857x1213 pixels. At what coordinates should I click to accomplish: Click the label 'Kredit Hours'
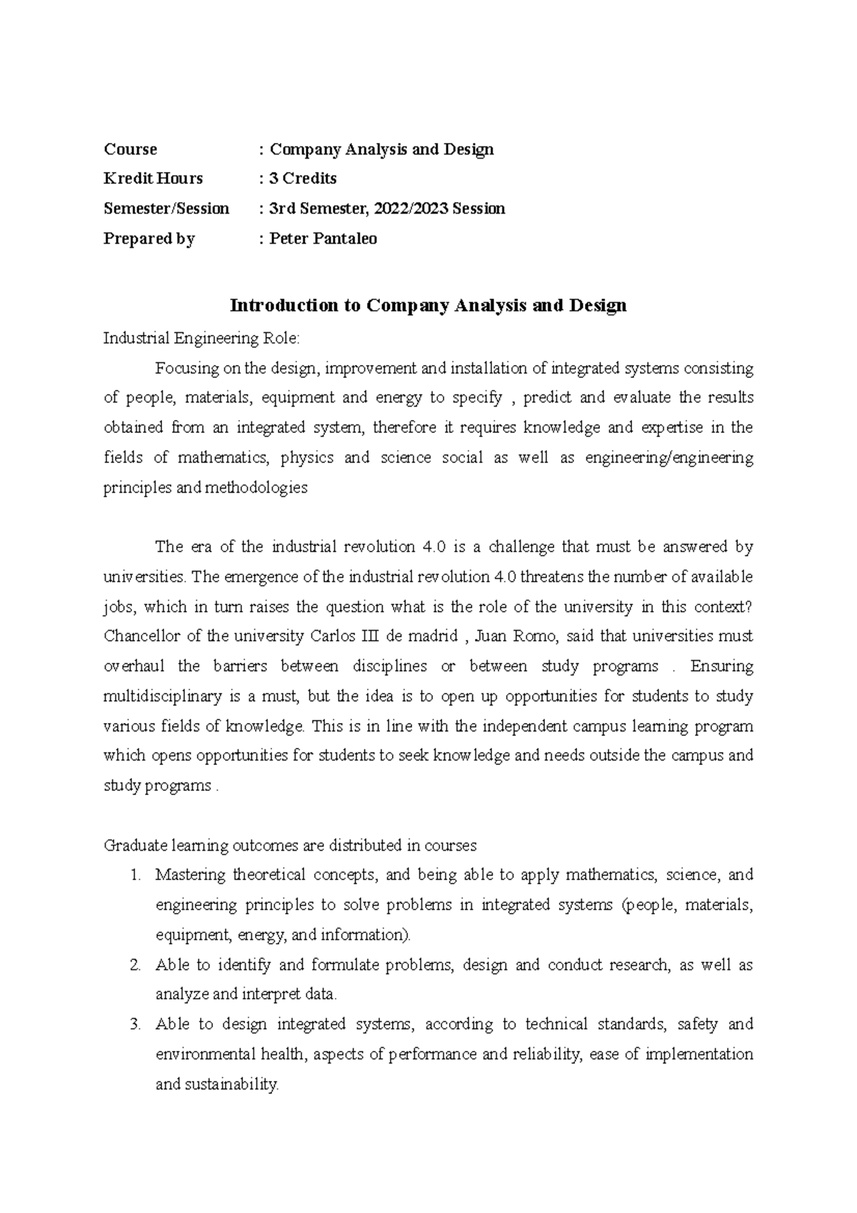pyautogui.click(x=153, y=179)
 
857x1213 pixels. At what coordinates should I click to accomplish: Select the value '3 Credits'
pyautogui.click(x=302, y=179)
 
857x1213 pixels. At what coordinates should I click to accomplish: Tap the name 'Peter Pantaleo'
pyautogui.click(x=323, y=239)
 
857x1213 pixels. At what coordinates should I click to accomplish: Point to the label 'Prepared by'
pyautogui.click(x=149, y=239)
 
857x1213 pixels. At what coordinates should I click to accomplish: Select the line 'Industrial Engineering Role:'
pyautogui.click(x=207, y=338)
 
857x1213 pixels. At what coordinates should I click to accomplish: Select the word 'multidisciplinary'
pyautogui.click(x=164, y=697)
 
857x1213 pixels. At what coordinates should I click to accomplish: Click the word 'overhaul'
pyautogui.click(x=134, y=667)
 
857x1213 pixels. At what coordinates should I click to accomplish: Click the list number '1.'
pyautogui.click(x=137, y=875)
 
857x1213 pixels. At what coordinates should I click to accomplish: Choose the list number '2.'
pyautogui.click(x=136, y=965)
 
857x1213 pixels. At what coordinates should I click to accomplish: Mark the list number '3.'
pyautogui.click(x=136, y=1024)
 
